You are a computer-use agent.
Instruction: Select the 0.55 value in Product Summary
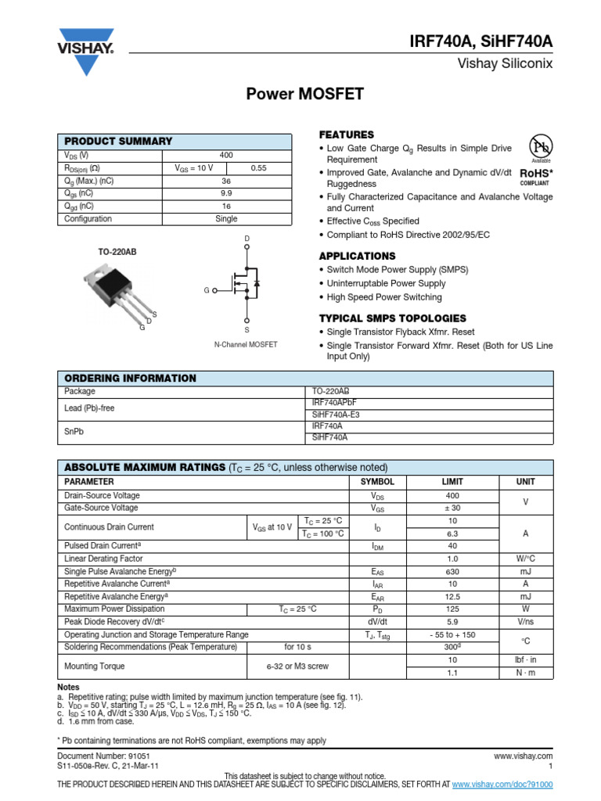click(x=258, y=167)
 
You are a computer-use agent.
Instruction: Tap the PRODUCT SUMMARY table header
click(x=118, y=141)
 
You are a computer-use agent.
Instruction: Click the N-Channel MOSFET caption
click(x=246, y=344)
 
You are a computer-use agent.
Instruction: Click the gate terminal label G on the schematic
click(x=207, y=290)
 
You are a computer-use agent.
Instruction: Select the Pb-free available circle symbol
click(x=541, y=147)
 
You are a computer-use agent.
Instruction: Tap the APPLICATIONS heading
click(x=357, y=256)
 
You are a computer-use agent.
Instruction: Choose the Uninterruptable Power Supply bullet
click(x=386, y=283)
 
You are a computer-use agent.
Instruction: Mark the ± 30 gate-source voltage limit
click(x=453, y=508)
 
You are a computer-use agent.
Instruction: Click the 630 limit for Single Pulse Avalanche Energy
click(x=453, y=572)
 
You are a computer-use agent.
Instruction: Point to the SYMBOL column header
click(x=377, y=482)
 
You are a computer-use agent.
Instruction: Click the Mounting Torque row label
click(x=94, y=666)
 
